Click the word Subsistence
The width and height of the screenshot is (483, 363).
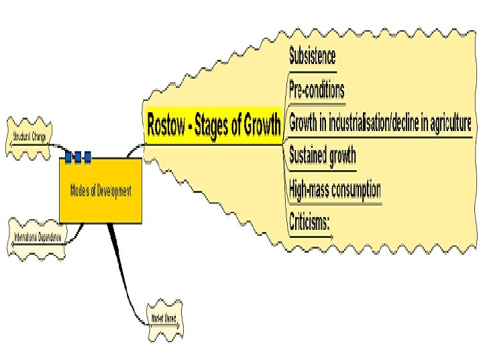click(x=312, y=55)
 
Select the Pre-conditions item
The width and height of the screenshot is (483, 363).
click(x=317, y=89)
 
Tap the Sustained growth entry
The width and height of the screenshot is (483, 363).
click(x=322, y=157)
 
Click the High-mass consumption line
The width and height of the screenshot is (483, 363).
click(x=335, y=190)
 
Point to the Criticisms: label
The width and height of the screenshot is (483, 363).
click(x=309, y=221)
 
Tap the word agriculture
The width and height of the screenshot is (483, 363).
click(x=443, y=124)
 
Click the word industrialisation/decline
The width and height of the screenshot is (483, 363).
click(x=365, y=124)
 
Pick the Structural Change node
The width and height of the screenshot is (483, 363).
click(x=30, y=137)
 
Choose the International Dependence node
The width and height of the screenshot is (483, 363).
click(x=38, y=237)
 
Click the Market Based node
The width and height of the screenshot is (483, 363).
click(x=164, y=318)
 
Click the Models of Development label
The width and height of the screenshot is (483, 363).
click(x=101, y=191)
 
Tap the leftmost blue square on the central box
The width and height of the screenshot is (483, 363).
click(x=68, y=157)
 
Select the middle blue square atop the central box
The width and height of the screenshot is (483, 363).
click(x=78, y=157)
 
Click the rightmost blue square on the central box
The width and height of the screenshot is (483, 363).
click(x=87, y=157)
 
